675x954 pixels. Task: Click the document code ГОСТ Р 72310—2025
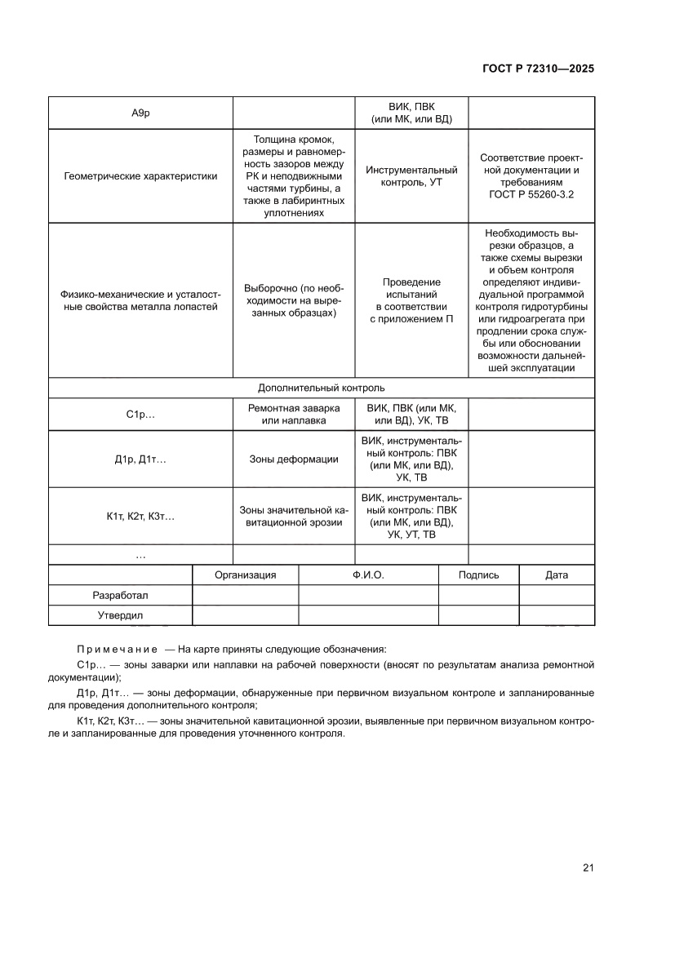click(x=532, y=69)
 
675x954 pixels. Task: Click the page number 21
click(x=588, y=867)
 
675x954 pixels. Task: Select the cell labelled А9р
click(x=140, y=113)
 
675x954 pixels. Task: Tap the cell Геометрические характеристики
click(x=140, y=176)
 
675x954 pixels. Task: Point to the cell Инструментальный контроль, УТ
click(x=411, y=176)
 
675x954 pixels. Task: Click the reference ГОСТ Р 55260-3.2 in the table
click(x=531, y=195)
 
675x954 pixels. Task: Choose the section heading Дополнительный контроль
click(x=321, y=388)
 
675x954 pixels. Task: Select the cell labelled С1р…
click(x=140, y=415)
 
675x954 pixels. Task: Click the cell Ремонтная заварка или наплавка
click(x=293, y=415)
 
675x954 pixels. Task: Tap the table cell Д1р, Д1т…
click(x=140, y=459)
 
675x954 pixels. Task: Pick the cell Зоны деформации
click(x=293, y=459)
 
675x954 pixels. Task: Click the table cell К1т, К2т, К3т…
click(x=140, y=516)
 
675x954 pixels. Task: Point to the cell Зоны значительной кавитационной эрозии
click(x=293, y=516)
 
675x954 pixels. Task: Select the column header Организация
click(x=245, y=575)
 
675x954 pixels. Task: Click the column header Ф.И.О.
click(x=368, y=575)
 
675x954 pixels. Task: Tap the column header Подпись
click(x=478, y=575)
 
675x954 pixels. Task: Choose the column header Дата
click(x=556, y=575)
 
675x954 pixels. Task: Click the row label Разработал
click(x=120, y=596)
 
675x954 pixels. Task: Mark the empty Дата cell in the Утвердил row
click(x=556, y=615)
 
